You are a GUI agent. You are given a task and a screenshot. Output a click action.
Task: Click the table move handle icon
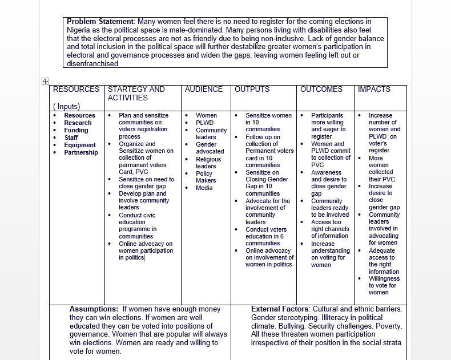[45, 82]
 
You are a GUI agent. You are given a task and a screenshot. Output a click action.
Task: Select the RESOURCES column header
[76, 90]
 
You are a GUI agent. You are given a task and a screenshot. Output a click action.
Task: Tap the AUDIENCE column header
[204, 90]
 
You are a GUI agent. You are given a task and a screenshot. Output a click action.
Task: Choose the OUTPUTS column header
[252, 90]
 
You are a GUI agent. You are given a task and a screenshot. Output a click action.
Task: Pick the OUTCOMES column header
[321, 90]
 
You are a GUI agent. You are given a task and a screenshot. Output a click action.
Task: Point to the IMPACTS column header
[374, 90]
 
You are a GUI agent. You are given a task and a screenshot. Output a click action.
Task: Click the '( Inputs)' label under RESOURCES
[66, 106]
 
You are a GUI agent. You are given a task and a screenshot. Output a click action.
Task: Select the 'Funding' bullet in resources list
[76, 130]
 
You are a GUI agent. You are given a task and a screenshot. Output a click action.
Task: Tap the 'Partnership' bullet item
[81, 152]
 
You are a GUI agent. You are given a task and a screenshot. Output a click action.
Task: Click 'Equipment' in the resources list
[80, 145]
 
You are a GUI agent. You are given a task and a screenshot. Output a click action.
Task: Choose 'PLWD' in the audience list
[204, 123]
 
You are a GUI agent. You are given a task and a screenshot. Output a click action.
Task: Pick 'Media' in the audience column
[204, 188]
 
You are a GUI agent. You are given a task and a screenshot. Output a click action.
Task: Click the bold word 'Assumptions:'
[94, 309]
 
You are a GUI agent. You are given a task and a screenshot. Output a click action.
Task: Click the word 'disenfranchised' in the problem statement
[92, 64]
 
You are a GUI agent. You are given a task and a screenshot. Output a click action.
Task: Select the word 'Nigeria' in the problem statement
[80, 30]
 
